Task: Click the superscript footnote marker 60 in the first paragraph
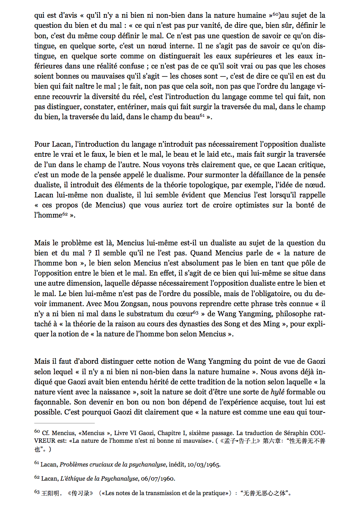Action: [x=275, y=14]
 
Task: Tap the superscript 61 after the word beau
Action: [x=203, y=116]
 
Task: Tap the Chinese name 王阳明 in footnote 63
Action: [x=50, y=493]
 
